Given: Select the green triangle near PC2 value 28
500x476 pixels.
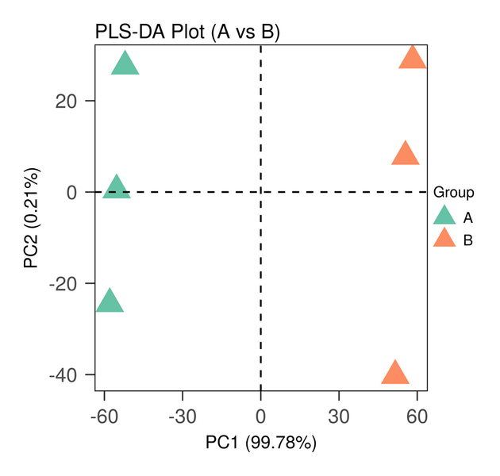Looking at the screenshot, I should [125, 64].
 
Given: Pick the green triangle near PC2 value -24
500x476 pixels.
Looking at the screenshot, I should [110, 302].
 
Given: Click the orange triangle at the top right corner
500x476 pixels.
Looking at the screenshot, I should [413, 59].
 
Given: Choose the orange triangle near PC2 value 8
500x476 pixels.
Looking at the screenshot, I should [406, 155].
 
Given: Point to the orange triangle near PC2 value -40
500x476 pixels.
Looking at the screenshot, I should [395, 374].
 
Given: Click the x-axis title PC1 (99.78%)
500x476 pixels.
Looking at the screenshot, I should [261, 442].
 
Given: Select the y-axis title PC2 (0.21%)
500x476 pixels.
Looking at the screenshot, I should [32, 217].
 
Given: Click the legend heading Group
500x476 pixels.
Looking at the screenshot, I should [454, 192].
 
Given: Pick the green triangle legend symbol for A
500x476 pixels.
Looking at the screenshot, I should [444, 217].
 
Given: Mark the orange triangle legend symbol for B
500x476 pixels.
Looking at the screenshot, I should [444, 240].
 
